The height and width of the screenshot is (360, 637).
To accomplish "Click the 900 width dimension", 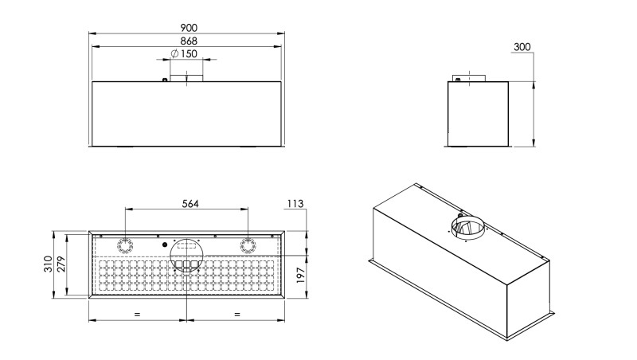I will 188,27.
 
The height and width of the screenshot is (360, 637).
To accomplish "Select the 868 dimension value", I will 188,41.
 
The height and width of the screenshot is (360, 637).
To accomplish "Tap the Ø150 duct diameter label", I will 184,54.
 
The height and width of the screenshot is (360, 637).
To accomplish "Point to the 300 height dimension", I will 522,47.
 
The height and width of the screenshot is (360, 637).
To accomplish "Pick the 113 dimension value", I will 295,204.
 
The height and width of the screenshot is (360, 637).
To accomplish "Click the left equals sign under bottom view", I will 137,315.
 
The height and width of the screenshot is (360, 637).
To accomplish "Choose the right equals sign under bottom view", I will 236,315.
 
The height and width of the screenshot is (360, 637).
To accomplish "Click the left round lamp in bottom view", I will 126,244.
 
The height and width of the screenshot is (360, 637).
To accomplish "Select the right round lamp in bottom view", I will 248,244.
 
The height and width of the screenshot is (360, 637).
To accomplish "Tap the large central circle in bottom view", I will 186,253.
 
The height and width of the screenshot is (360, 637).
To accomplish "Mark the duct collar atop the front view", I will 194,76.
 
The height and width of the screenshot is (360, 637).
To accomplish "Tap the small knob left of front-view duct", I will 164,79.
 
